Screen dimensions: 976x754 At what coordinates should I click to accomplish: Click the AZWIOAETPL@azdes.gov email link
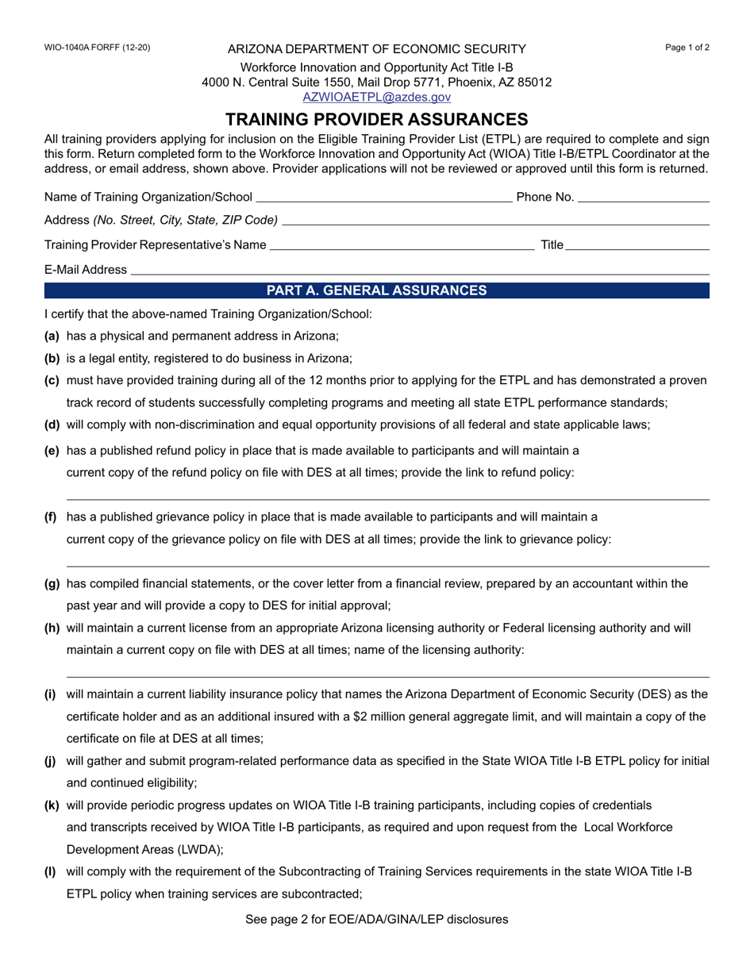(376, 97)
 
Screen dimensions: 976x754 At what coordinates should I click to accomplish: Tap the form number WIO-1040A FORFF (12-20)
(97, 48)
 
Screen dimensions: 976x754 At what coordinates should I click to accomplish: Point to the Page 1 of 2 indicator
(687, 48)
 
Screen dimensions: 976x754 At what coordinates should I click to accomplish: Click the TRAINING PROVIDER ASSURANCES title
(376, 120)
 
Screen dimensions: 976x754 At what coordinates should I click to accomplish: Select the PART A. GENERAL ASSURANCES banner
(376, 290)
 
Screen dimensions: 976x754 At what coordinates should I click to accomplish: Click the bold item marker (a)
(52, 336)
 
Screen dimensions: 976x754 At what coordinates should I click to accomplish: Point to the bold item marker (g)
(52, 584)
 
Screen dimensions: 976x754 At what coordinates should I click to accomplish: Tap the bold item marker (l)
(51, 871)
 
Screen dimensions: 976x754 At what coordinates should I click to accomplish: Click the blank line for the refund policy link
(387, 498)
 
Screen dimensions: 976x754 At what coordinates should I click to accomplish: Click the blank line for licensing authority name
(387, 676)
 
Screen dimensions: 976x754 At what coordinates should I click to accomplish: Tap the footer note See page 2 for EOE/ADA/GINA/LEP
(376, 920)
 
